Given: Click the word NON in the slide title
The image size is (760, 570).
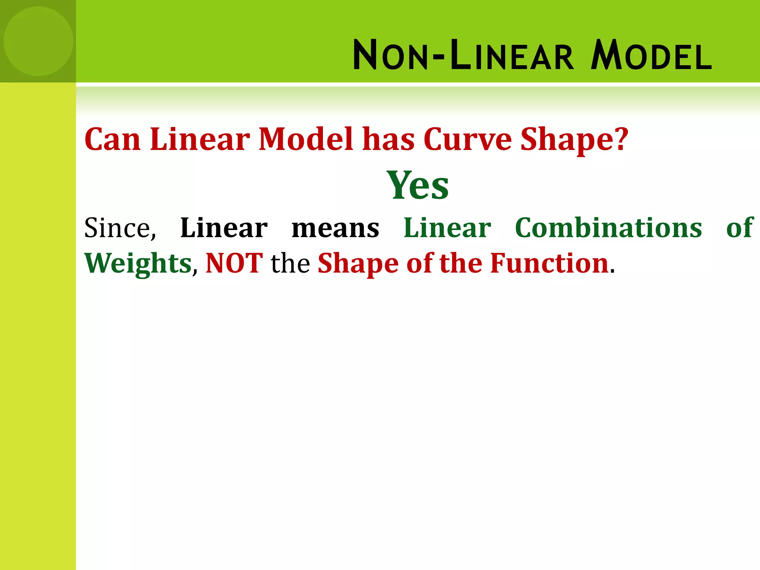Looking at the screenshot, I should coord(392,56).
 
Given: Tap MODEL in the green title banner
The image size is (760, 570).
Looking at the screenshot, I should coord(651,56).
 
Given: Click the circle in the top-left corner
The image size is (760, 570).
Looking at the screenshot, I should coord(38,41).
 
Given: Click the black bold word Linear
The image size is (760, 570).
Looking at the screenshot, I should coord(223,228).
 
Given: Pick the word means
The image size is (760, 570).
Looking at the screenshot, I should coord(335,228).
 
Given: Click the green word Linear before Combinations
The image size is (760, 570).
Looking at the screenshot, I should coord(447,228).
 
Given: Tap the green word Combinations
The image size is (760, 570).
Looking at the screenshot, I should coord(608,228).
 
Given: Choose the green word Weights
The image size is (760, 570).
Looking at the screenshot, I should coord(138,263).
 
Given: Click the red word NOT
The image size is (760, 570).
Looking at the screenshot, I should coord(234,263).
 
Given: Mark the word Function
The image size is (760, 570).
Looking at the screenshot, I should coord(549,263).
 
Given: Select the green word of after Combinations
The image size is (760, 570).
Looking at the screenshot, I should coord(740,228).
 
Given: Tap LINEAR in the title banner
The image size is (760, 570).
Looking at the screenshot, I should coord(512,56).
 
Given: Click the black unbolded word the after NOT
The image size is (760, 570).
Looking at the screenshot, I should coord(290,263).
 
